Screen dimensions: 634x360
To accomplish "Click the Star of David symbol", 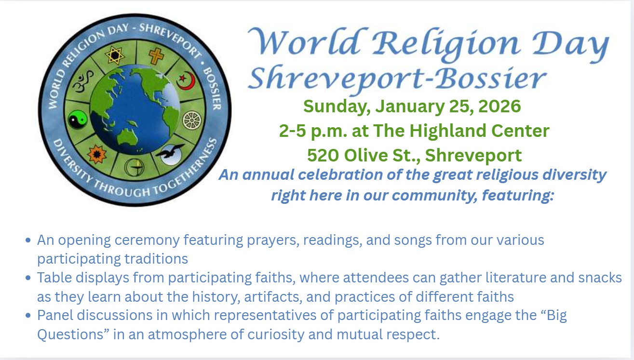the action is tap(115, 55).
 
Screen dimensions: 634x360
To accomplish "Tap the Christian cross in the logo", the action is tap(156, 56).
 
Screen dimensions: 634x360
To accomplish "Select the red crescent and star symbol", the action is tap(186, 80).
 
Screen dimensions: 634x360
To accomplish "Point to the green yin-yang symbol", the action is tap(78, 120).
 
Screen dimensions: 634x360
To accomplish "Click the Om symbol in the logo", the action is tap(83, 81).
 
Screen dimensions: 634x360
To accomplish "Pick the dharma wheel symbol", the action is tap(192, 120).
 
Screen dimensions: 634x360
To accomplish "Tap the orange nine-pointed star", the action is tap(97, 154).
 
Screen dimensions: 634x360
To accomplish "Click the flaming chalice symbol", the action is tap(134, 167).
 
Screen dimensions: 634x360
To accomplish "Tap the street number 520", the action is tap(323, 155).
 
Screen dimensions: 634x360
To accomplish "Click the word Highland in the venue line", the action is tap(448, 131).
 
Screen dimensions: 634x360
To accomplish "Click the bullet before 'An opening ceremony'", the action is tap(28, 240).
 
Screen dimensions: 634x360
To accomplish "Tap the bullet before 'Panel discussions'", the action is tap(28, 315).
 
